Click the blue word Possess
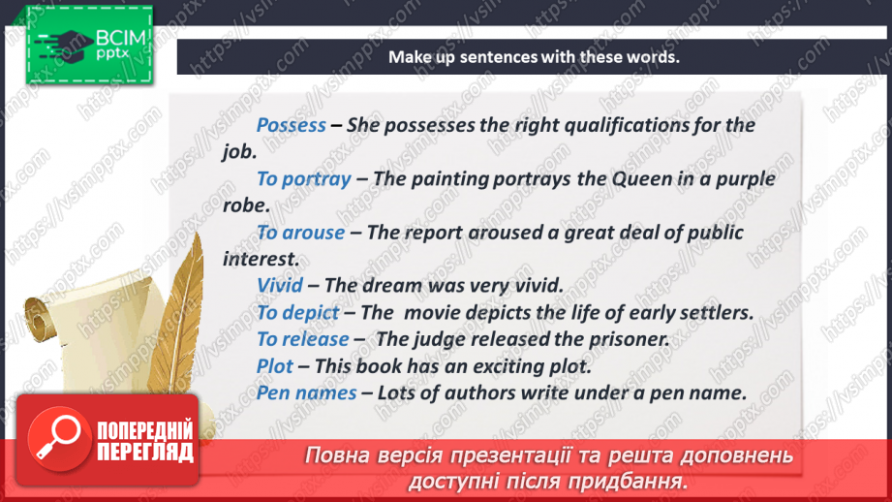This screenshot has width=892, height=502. click(291, 126)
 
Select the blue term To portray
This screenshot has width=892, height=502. click(303, 179)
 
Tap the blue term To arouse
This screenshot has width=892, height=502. click(300, 233)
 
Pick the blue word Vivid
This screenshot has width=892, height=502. click(280, 286)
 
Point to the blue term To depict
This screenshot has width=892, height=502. click(297, 312)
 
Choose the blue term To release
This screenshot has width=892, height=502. click(302, 339)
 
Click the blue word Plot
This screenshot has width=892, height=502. click(274, 366)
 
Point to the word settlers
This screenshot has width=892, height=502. click(718, 312)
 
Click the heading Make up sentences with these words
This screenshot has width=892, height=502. click(534, 57)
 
